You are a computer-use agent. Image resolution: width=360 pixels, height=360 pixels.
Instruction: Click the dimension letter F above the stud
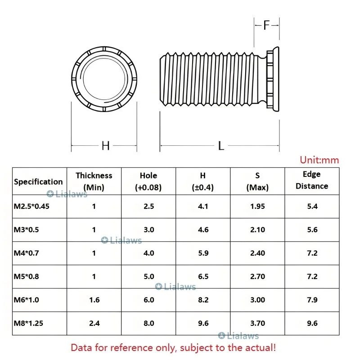click(266, 25)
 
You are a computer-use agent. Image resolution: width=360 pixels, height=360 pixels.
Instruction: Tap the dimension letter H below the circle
click(106, 146)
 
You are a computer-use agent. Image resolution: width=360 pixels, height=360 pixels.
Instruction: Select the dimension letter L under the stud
click(221, 146)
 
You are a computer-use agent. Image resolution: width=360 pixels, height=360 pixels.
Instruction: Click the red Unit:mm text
click(319, 160)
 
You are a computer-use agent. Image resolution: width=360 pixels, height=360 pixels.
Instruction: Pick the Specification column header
click(38, 182)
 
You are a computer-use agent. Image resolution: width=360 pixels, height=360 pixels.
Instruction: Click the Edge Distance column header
click(312, 180)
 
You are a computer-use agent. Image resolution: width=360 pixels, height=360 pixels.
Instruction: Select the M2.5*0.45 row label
click(31, 206)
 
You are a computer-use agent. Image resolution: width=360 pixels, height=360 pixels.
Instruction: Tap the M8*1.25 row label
click(28, 323)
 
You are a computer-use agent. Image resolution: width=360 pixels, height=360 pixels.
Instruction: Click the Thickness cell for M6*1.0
click(94, 300)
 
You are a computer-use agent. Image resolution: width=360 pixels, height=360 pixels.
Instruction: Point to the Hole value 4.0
click(149, 253)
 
